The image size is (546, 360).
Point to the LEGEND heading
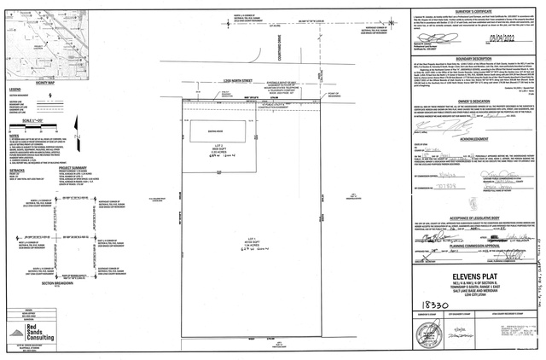tap(15, 89)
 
